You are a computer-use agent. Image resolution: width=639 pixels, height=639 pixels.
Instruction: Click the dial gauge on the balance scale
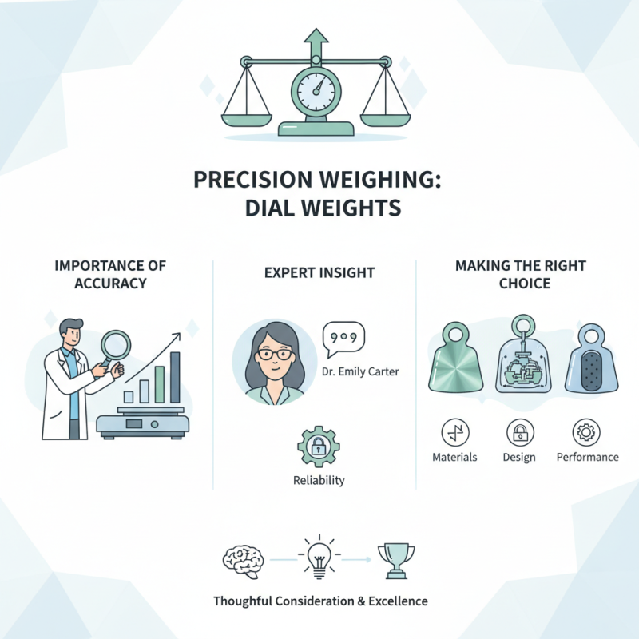coord(318,89)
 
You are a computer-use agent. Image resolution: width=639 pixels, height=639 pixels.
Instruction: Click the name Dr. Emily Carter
coord(359,371)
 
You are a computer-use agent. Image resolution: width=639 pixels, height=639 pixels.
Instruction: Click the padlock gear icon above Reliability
coord(318,446)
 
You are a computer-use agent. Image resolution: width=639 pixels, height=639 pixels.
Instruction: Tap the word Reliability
coord(319,480)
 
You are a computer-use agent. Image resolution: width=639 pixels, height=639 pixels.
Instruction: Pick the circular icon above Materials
coord(455,432)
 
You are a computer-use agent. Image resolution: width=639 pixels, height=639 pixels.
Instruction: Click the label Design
coord(519,457)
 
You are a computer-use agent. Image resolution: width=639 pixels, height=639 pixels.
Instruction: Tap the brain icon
coord(243,559)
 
